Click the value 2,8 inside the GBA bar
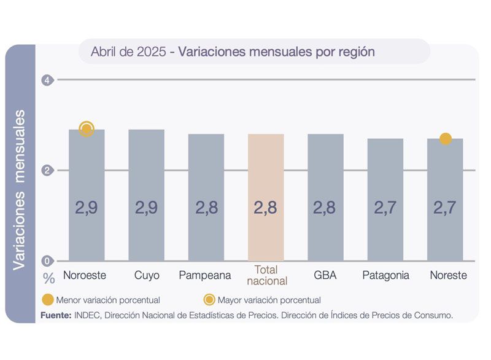(x=325, y=208)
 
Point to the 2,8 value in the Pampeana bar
(x=206, y=208)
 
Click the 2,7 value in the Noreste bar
(x=446, y=208)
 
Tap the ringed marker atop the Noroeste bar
(x=87, y=129)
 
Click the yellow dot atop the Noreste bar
(x=446, y=139)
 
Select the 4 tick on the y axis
(x=46, y=80)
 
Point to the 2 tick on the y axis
(x=46, y=170)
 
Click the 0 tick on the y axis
(x=46, y=260)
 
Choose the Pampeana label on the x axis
(x=205, y=275)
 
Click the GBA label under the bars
(x=325, y=275)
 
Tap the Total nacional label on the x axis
(x=266, y=275)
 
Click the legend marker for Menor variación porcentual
(x=47, y=300)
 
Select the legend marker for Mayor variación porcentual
(x=209, y=300)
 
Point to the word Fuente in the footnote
(x=55, y=315)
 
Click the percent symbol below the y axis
(x=49, y=278)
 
